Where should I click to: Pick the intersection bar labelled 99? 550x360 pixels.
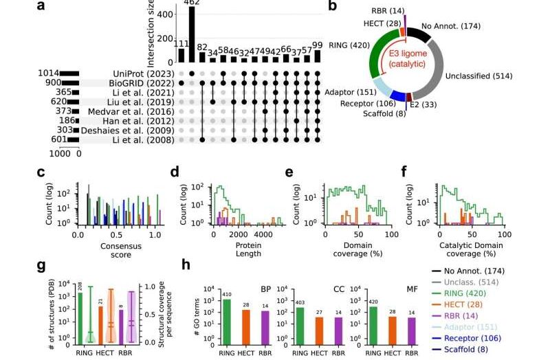point(316,56)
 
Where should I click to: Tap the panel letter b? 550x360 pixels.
point(332,7)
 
